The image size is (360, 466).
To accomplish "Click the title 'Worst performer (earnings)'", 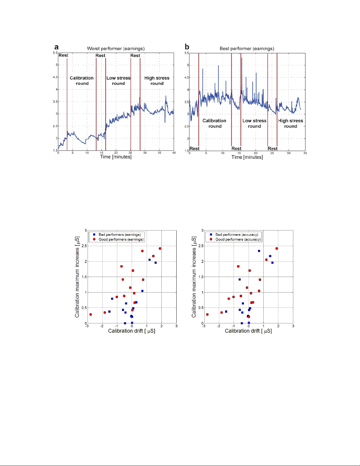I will pyautogui.click(x=116, y=49).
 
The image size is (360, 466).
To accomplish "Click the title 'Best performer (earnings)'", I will pyautogui.click(x=247, y=49).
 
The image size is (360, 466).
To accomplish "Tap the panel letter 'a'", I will pyautogui.click(x=56, y=47).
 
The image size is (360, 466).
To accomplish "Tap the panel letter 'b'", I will pyautogui.click(x=187, y=47).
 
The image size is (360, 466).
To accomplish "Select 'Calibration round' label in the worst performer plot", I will pyautogui.click(x=82, y=81).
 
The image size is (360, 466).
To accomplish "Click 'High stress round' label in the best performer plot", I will pyautogui.click(x=290, y=123).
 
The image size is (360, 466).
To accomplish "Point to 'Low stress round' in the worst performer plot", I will pyautogui.click(x=118, y=81).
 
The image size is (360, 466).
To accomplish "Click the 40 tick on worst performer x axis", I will pyautogui.click(x=174, y=153).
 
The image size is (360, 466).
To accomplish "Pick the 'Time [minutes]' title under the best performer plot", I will pyautogui.click(x=247, y=157).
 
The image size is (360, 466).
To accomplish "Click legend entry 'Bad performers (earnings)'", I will pyautogui.click(x=120, y=235).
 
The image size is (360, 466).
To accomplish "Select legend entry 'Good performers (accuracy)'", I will pyautogui.click(x=238, y=239).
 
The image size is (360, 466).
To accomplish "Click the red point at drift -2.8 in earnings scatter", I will pyautogui.click(x=91, y=315).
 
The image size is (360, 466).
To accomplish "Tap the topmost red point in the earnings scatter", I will pyautogui.click(x=160, y=248).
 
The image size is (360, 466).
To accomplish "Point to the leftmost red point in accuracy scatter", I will pyautogui.click(x=207, y=315).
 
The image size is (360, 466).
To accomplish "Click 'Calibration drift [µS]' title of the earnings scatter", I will pyautogui.click(x=131, y=331).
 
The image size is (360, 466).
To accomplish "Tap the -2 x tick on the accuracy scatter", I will pyautogui.click(x=218, y=326).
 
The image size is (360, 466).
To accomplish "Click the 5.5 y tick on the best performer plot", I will pyautogui.click(x=187, y=53).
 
